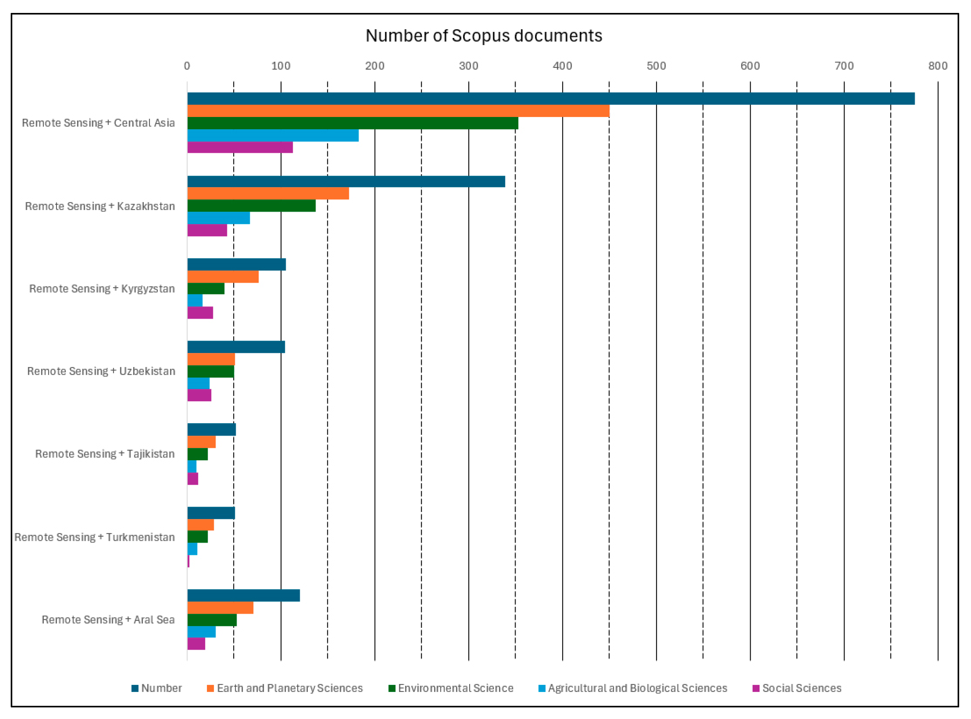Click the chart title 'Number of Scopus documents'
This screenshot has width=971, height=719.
(x=483, y=36)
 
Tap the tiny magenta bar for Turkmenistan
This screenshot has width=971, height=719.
(x=188, y=561)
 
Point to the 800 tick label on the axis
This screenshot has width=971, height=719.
(x=938, y=66)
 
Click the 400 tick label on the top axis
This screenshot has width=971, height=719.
(x=562, y=66)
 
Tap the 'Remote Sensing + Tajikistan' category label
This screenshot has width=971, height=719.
(x=105, y=454)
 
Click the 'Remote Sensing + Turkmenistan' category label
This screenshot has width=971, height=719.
(x=94, y=537)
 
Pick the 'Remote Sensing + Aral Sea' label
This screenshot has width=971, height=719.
(x=108, y=620)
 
